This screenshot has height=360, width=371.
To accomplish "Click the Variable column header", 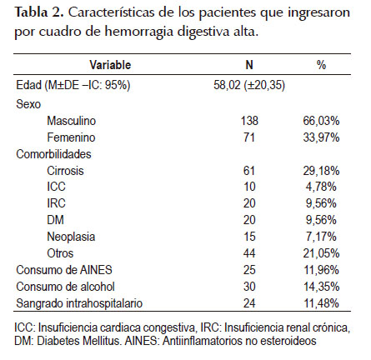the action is (110, 65).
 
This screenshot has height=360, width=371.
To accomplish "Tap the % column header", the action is (321, 65).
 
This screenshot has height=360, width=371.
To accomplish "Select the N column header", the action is (249, 65).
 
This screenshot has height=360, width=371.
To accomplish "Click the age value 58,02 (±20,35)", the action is (249, 85).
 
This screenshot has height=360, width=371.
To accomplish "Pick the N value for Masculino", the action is (249, 121).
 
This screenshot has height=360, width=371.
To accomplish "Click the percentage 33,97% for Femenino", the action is (321, 137).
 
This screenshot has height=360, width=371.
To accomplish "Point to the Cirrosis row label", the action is (65, 171).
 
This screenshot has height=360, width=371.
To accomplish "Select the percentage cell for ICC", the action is (321, 187).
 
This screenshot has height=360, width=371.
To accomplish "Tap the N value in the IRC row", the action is (249, 203).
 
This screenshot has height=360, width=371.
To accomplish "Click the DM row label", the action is (56, 220).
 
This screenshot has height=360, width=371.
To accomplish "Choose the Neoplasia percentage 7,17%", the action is (321, 237).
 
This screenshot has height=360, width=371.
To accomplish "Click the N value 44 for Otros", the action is (249, 253).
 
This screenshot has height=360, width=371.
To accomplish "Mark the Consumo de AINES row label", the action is (64, 270).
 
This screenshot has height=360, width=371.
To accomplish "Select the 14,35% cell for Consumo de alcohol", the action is (321, 287).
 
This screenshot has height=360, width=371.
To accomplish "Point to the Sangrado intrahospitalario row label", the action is (79, 303).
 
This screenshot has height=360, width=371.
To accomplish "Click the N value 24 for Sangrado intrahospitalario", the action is (249, 303).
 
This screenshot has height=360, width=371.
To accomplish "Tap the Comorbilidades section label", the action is (53, 154).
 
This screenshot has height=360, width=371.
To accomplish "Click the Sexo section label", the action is (28, 104).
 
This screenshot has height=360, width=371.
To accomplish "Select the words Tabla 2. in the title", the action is (39, 12).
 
